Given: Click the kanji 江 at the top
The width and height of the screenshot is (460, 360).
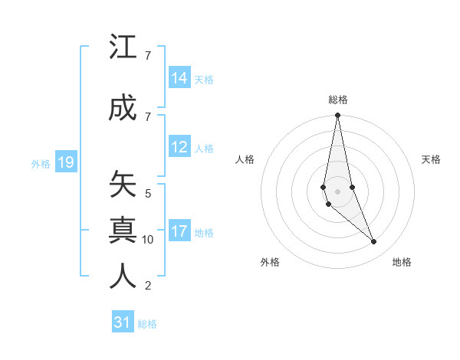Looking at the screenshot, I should click(123, 49).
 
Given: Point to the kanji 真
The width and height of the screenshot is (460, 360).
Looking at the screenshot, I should click(123, 231).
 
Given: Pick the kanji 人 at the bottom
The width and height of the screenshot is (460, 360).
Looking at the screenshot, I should click(123, 277).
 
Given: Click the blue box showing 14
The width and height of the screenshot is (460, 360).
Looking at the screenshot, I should click(179, 77).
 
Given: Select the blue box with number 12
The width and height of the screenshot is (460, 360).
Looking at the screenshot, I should click(179, 147).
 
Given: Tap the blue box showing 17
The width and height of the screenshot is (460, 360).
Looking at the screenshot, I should click(179, 231).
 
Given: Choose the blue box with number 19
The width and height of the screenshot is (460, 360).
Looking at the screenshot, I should click(66, 162).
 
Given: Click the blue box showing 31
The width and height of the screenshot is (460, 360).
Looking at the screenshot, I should click(123, 322).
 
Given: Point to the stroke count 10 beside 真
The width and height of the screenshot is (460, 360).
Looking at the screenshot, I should click(148, 240).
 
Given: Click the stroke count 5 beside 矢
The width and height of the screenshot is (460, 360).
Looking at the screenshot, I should click(148, 194).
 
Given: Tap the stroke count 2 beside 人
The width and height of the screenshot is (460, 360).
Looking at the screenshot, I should click(148, 286).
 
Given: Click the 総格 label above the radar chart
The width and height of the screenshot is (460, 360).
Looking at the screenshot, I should click(337, 100).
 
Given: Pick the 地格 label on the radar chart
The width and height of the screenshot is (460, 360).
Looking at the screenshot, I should click(402, 263).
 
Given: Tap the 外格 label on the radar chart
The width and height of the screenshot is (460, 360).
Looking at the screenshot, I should click(270, 263).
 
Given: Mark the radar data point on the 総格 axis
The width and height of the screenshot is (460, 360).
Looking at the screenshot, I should click(337, 116).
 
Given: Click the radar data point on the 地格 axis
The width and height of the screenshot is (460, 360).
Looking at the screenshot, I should click(374, 242).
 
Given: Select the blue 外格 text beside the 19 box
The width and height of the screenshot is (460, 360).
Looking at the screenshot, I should click(40, 164).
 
